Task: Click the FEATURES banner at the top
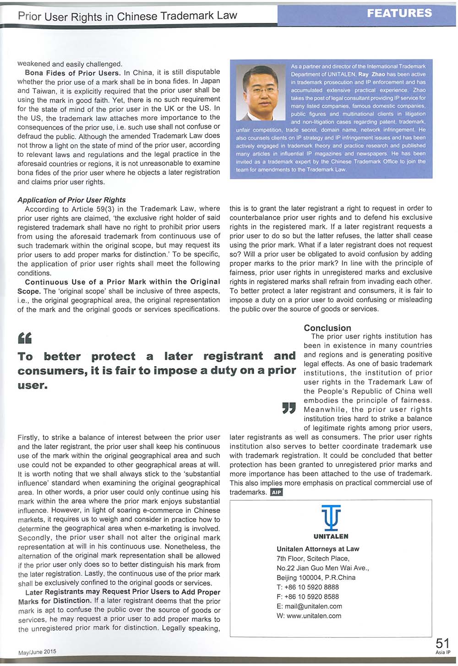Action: pos(399,13)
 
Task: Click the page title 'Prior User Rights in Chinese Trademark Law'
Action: pos(127,16)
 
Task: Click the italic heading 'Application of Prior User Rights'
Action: pos(71,200)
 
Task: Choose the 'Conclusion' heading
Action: pos(327,328)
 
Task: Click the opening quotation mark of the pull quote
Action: pos(24,338)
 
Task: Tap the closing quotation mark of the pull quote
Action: pos(289,407)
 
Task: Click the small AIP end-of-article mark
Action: pos(277,493)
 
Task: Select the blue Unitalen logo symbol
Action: pos(331,517)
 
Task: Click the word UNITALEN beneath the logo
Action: pos(331,536)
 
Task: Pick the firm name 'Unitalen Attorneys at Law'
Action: pos(318,549)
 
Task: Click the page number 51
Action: pos(442,644)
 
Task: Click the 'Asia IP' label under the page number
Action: pos(443,653)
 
